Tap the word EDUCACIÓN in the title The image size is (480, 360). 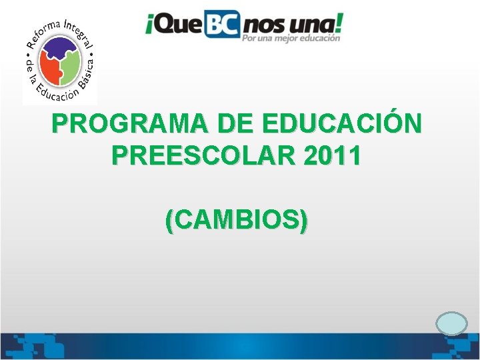pyautogui.click(x=343, y=125)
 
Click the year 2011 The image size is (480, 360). pyautogui.click(x=332, y=156)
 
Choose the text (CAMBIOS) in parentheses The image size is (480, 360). pyautogui.click(x=237, y=219)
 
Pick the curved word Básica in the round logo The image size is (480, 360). pyautogui.click(x=84, y=77)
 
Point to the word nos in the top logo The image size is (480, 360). pyautogui.click(x=266, y=27)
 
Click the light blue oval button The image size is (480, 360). pyautogui.click(x=451, y=323)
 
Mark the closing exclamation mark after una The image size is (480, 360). pyautogui.click(x=341, y=24)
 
